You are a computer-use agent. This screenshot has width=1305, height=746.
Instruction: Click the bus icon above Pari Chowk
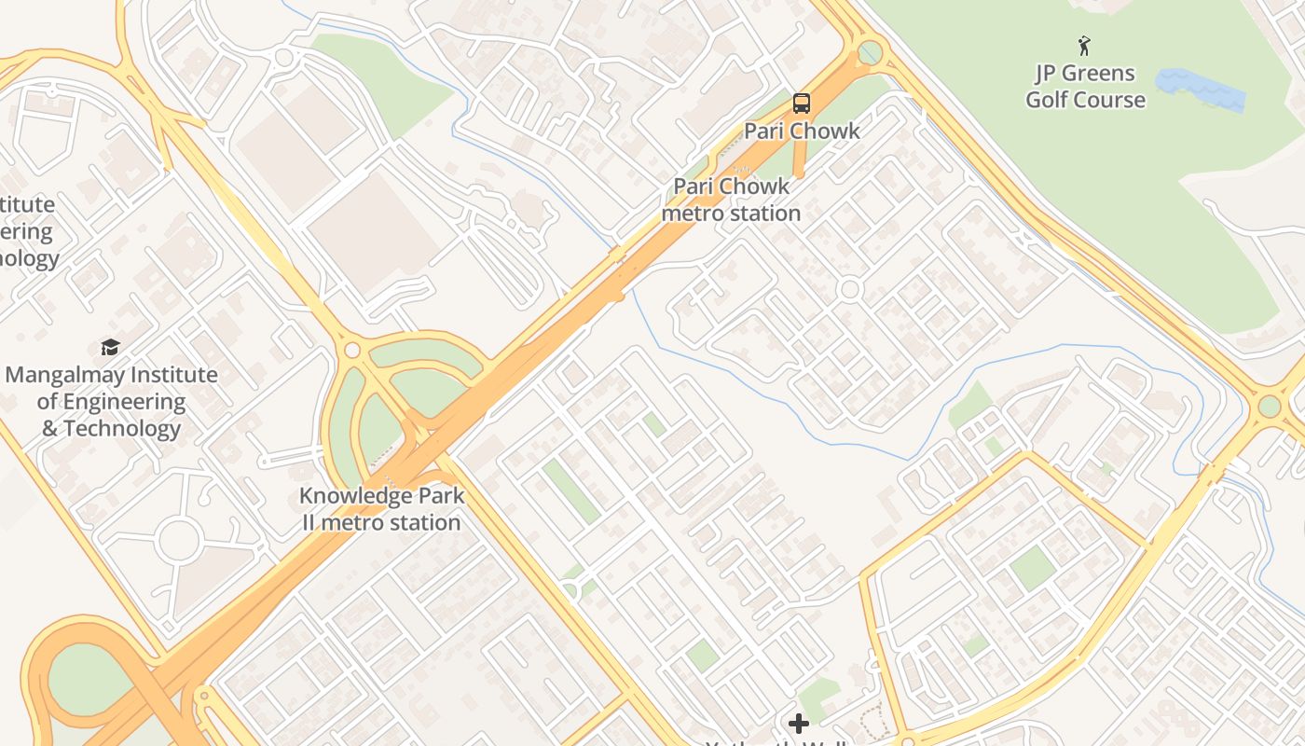click(801, 104)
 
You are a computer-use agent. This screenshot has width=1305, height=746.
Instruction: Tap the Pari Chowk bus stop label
click(801, 131)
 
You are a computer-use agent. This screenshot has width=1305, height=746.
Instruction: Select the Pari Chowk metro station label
click(731, 200)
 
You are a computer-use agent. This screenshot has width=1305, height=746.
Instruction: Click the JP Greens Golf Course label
click(1085, 86)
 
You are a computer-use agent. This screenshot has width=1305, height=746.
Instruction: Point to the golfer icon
click(1083, 46)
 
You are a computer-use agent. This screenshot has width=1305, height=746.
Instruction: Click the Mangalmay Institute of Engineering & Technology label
click(111, 402)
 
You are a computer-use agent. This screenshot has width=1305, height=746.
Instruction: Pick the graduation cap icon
click(111, 348)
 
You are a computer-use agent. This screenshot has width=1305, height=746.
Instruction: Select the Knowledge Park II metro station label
click(381, 509)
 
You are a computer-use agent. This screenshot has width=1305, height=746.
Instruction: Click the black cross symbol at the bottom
click(798, 723)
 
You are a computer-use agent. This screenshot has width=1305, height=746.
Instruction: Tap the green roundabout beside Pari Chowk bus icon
click(870, 52)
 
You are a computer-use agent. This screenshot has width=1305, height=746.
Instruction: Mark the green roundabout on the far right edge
click(1269, 407)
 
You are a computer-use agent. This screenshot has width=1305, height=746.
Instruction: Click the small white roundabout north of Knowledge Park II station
click(352, 350)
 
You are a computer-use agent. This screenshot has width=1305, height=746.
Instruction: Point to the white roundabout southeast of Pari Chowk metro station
click(848, 290)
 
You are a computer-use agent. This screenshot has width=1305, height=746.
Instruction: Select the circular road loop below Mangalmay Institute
click(180, 540)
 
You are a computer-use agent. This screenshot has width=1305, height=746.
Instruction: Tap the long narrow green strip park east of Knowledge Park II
click(570, 490)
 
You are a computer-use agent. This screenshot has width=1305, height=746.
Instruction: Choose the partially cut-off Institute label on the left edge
click(28, 231)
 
